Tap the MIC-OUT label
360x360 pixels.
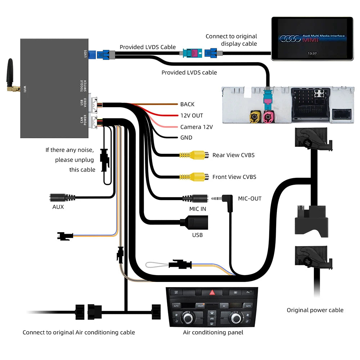[249, 198]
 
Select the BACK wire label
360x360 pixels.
[187, 104]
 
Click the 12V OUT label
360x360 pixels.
[192, 116]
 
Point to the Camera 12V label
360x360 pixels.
[196, 127]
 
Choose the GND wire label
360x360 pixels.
[186, 138]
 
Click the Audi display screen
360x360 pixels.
[312, 38]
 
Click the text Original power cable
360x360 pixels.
[315, 310]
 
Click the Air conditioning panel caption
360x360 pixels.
[213, 332]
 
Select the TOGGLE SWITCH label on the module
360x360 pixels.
[84, 86]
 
